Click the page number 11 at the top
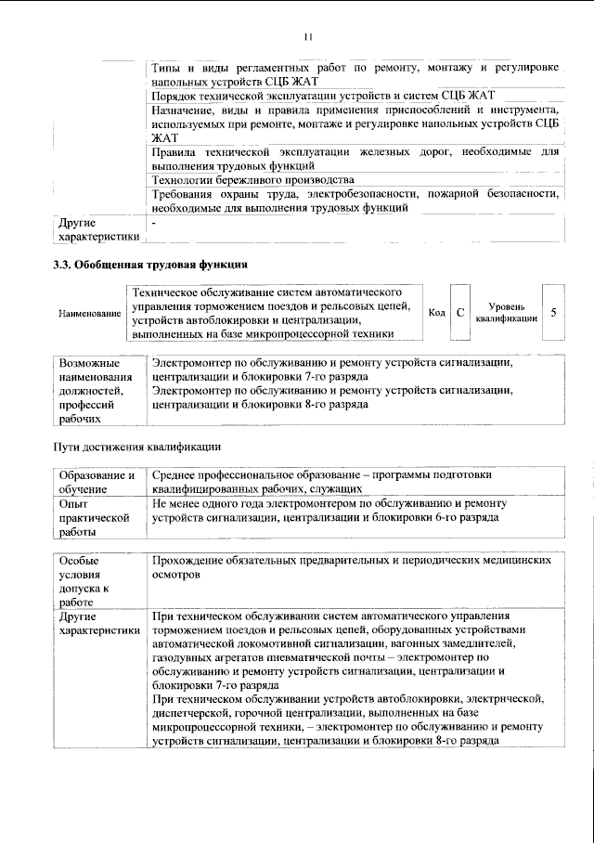(x=308, y=36)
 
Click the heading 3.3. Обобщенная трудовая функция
(x=149, y=264)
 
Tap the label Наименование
(x=90, y=314)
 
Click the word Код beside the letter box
(x=436, y=313)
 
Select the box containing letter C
(x=459, y=313)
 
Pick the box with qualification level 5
(x=553, y=313)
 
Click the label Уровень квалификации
(x=506, y=313)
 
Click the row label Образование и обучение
(x=97, y=481)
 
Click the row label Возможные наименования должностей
(x=89, y=390)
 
